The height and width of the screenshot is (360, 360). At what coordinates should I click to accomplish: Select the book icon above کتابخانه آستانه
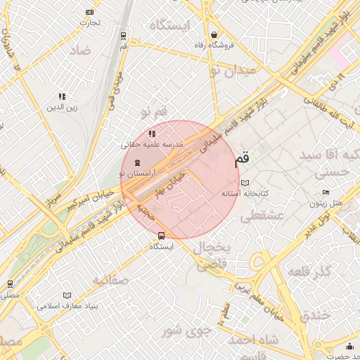[245, 183]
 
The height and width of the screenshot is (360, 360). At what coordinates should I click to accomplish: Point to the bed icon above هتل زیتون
[325, 193]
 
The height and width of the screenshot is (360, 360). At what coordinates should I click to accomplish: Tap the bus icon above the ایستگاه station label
[162, 236]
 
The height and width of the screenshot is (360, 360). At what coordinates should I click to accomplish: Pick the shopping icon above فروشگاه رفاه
[214, 34]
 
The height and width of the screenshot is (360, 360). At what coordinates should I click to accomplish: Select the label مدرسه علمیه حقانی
[152, 143]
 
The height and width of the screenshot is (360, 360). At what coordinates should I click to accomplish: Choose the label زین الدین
[61, 108]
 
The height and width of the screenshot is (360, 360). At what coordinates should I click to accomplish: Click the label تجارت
[90, 22]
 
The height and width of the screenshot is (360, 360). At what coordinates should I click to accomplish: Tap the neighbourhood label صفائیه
[111, 280]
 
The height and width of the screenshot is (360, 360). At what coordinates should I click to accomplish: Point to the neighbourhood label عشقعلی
[262, 217]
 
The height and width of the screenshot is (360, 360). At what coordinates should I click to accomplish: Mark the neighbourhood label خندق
[314, 316]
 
